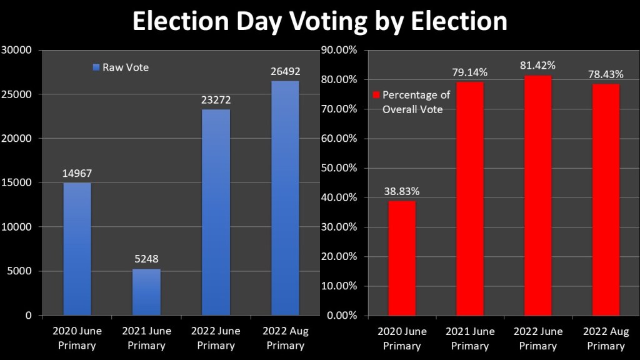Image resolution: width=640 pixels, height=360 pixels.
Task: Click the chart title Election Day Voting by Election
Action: tap(319, 21)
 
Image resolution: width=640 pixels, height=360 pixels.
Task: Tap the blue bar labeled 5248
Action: tap(146, 292)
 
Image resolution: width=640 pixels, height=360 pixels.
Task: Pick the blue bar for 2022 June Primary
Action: tap(216, 212)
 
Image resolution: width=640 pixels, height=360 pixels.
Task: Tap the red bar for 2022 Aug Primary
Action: tap(606, 199)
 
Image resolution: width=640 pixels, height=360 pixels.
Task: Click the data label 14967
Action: tap(77, 173)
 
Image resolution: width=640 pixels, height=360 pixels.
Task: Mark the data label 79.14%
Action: tap(470, 72)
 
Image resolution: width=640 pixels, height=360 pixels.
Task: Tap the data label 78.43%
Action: tap(606, 74)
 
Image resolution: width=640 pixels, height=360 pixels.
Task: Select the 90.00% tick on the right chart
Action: tap(337, 50)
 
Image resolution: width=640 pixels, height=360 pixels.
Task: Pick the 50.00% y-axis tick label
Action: tap(337, 168)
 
